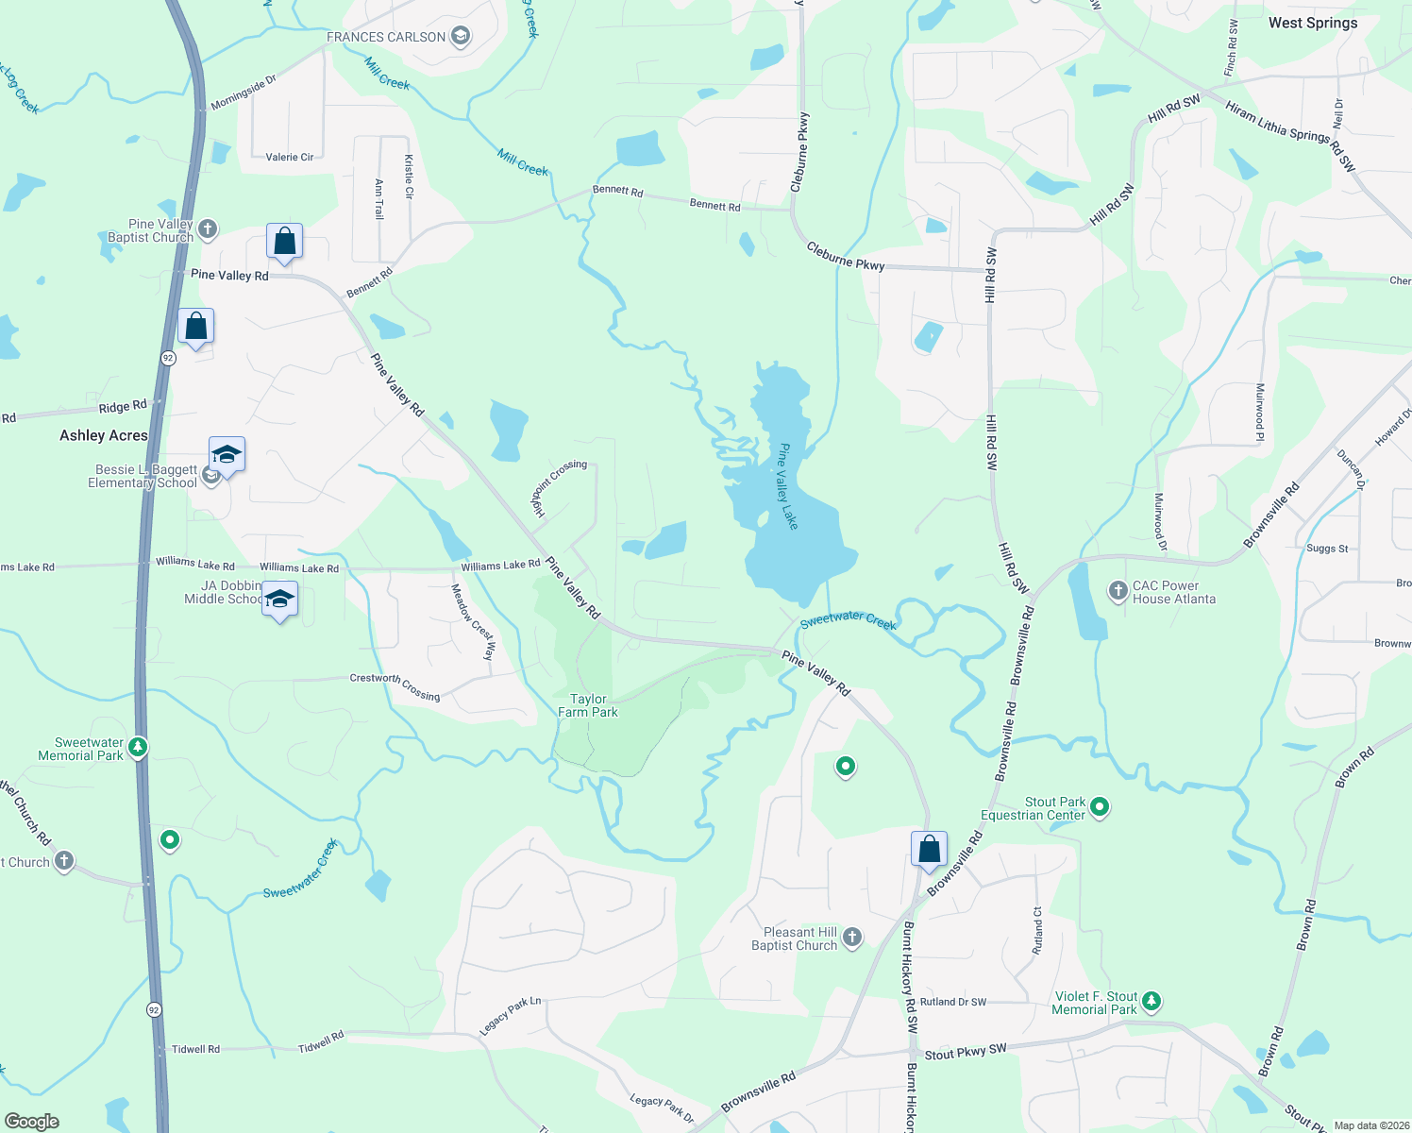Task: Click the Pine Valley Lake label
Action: tap(787, 486)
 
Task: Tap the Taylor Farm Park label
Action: tap(588, 706)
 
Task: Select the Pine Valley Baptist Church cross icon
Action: tap(208, 229)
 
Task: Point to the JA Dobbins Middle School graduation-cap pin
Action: tap(279, 600)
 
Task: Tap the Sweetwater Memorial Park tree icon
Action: tap(138, 749)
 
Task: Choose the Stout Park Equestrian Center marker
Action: tap(1099, 807)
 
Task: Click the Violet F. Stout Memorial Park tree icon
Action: tap(1151, 1002)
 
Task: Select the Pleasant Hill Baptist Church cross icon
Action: tap(852, 938)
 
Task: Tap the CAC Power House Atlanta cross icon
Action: tap(1118, 592)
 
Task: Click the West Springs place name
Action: tap(1312, 23)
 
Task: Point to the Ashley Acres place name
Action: tap(104, 435)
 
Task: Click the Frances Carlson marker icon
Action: tap(461, 37)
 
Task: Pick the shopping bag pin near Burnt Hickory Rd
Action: tap(929, 850)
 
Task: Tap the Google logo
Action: tap(32, 1121)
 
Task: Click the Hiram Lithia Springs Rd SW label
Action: tap(1290, 136)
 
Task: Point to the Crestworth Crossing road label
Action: tap(395, 686)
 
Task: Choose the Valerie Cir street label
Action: tap(290, 158)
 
